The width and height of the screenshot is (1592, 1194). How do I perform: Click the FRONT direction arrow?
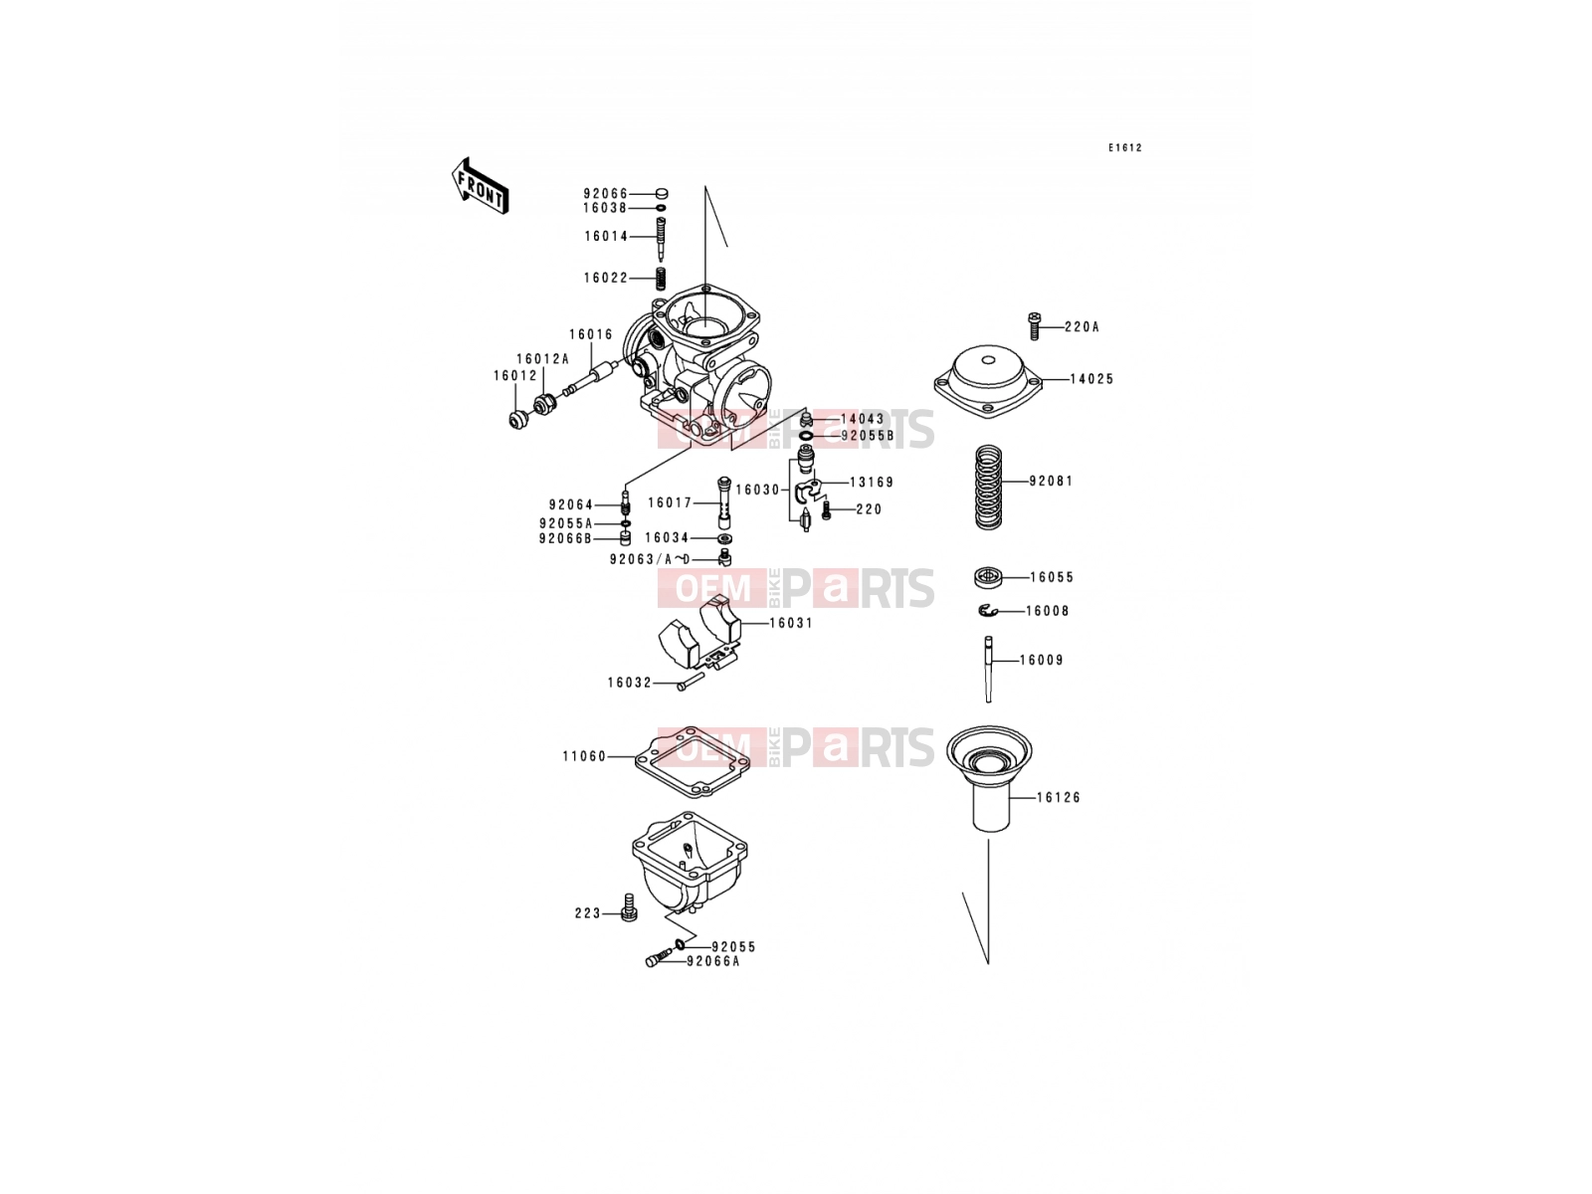point(480,186)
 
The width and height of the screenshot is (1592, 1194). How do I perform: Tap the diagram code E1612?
point(1125,148)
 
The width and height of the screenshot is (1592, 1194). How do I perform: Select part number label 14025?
point(1092,379)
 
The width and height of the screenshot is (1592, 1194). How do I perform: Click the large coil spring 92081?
point(988,487)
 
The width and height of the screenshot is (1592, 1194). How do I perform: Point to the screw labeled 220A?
point(1034,326)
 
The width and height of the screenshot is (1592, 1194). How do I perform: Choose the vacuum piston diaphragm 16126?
point(989,778)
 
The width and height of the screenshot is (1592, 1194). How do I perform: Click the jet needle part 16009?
point(988,669)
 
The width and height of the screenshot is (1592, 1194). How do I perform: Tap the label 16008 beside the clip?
point(1048,611)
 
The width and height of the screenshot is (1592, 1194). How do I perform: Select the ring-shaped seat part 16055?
point(988,577)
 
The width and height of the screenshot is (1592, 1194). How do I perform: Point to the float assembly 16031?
point(700,632)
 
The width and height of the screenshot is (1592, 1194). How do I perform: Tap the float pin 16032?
point(691,682)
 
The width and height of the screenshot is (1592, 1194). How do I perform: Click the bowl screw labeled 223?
point(629,906)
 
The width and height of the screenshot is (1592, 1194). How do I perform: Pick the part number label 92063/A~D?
point(650,559)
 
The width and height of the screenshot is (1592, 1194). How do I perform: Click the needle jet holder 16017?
point(723,502)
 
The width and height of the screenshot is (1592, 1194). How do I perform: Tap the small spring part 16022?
point(660,279)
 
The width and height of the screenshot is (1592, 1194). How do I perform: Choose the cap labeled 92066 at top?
point(661,194)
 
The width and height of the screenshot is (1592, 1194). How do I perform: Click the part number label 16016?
point(591,335)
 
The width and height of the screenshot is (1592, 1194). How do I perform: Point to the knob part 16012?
point(518,420)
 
